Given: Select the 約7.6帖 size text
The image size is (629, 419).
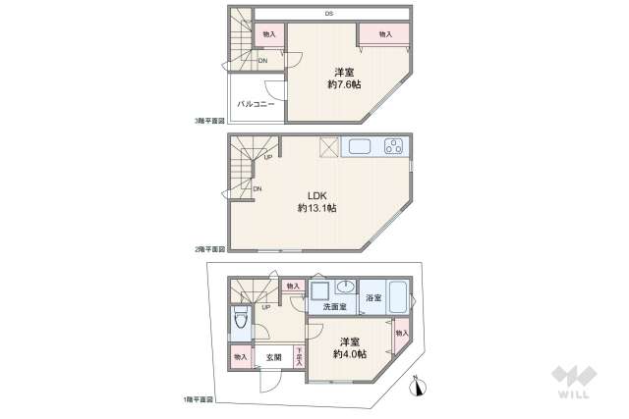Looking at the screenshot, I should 344,79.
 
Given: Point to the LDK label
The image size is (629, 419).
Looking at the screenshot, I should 317,193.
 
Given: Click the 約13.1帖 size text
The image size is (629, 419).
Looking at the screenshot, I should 317,208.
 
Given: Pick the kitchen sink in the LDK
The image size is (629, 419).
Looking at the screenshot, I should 359,147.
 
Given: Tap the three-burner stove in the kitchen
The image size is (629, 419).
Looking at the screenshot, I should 393,147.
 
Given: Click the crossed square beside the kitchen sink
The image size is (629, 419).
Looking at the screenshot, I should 329,147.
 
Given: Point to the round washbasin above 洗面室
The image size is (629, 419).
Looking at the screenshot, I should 344,288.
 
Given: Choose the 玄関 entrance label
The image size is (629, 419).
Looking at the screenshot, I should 273,357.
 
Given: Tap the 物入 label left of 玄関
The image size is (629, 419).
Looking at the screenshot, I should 241,357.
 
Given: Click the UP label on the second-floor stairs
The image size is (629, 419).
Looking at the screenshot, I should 266,157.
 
